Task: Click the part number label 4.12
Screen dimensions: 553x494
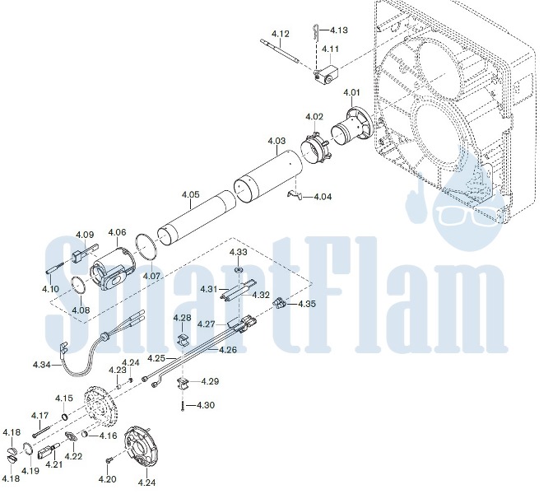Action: coord(281,34)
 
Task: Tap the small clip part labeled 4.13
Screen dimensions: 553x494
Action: coord(316,30)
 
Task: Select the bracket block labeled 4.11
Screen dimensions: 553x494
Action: coord(326,75)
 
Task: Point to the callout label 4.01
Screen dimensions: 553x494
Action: coord(351,92)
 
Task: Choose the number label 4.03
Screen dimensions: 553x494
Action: coord(276,141)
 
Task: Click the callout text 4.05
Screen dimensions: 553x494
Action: coord(190,194)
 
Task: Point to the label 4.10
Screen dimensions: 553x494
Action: coord(50,289)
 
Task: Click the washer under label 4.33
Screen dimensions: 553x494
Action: coord(239,270)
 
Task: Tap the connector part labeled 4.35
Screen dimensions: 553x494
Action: coord(279,303)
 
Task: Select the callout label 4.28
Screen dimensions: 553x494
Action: coord(182,318)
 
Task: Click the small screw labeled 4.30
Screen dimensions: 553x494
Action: coord(183,406)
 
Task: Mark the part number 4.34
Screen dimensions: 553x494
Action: coord(42,365)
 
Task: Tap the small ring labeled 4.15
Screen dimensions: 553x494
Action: coord(65,417)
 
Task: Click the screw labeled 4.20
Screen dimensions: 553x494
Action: coord(109,461)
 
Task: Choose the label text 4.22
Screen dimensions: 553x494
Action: coord(73,456)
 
